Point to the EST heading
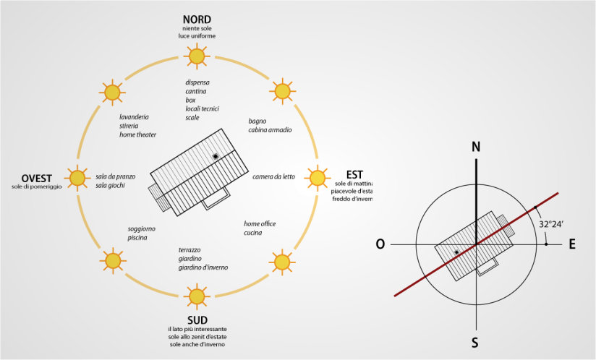click(x=354, y=174)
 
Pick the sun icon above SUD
click(x=196, y=295)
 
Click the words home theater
click(x=137, y=134)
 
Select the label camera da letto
click(x=273, y=176)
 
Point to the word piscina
click(x=137, y=238)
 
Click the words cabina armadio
click(x=270, y=130)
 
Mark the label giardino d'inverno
click(x=203, y=267)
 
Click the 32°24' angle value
click(x=553, y=225)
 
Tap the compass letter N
click(x=476, y=147)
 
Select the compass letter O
click(x=380, y=244)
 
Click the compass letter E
click(x=571, y=244)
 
